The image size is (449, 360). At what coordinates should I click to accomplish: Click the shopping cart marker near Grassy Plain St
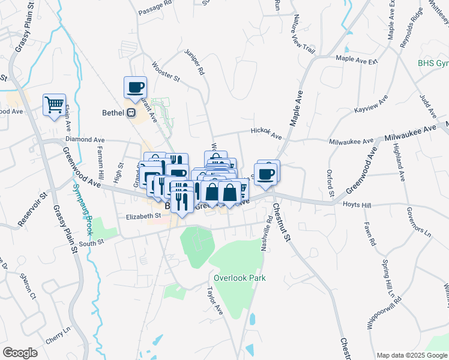(54, 105)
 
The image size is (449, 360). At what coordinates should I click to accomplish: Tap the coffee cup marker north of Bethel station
(136, 87)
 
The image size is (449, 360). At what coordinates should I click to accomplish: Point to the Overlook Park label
(240, 278)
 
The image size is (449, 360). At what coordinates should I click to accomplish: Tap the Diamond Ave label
(81, 139)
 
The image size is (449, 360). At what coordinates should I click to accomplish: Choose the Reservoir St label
(32, 210)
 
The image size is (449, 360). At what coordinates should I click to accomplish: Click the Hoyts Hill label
(358, 205)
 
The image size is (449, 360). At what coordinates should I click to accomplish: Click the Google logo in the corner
(20, 353)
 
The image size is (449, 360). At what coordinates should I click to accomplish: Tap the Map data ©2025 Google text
(412, 355)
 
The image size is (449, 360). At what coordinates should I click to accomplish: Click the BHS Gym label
(433, 63)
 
